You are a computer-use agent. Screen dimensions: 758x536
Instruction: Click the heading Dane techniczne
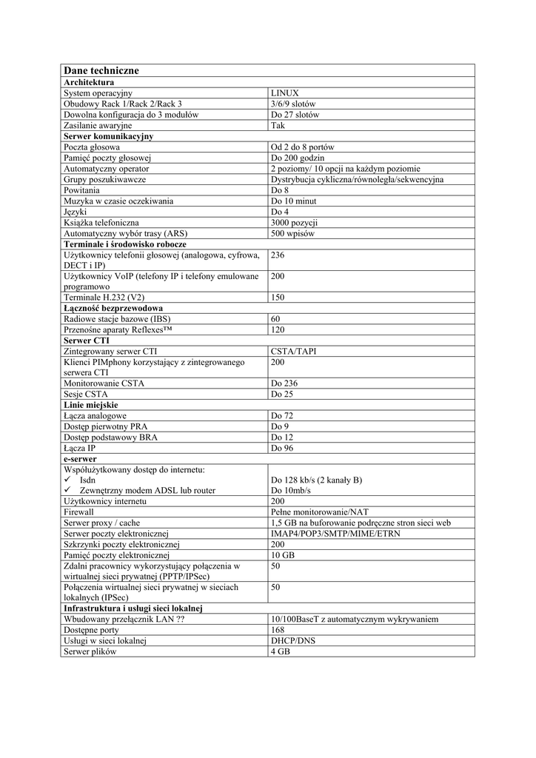click(101, 70)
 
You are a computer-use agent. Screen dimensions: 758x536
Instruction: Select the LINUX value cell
click(285, 93)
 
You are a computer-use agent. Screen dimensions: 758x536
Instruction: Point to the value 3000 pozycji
click(294, 222)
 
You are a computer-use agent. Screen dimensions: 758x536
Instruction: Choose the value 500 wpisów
click(292, 233)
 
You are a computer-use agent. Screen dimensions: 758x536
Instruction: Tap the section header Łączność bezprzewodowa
click(113, 308)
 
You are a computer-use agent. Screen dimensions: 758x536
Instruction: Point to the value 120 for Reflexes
click(278, 329)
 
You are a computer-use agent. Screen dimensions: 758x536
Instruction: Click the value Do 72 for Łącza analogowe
click(282, 416)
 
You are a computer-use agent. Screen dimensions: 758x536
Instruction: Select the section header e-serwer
click(81, 459)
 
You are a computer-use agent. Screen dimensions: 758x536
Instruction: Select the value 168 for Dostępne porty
click(278, 631)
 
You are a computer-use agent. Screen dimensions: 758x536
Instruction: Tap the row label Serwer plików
click(90, 652)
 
